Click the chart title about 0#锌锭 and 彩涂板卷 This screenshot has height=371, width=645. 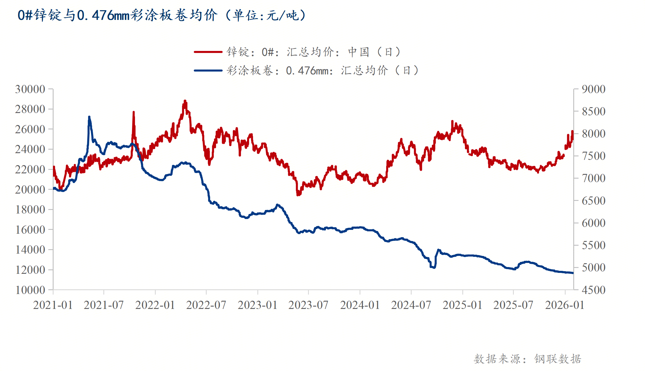click(x=162, y=15)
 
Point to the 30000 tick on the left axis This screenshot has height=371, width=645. click(x=30, y=89)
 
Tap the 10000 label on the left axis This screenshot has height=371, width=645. click(x=30, y=290)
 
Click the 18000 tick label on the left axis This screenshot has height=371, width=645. click(x=30, y=210)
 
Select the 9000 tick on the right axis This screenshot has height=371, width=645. click(x=593, y=89)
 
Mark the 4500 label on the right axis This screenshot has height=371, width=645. click(x=593, y=290)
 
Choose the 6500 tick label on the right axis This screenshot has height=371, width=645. click(x=593, y=201)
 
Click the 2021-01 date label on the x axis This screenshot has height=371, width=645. click(x=53, y=305)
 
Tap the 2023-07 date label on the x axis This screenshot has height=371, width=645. click(x=308, y=305)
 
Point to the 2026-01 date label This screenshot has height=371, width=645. click(x=564, y=305)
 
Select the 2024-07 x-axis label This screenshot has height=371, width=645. click(x=411, y=305)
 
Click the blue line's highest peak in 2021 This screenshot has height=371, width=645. click(x=89, y=117)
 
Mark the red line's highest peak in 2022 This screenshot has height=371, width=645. click(x=185, y=101)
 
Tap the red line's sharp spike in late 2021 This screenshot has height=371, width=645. click(x=134, y=112)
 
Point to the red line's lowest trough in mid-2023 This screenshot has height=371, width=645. click(x=297, y=194)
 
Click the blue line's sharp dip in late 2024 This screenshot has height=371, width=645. click(x=434, y=267)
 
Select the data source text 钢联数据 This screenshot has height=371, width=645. click(x=557, y=359)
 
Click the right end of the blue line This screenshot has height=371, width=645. click(x=573, y=273)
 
